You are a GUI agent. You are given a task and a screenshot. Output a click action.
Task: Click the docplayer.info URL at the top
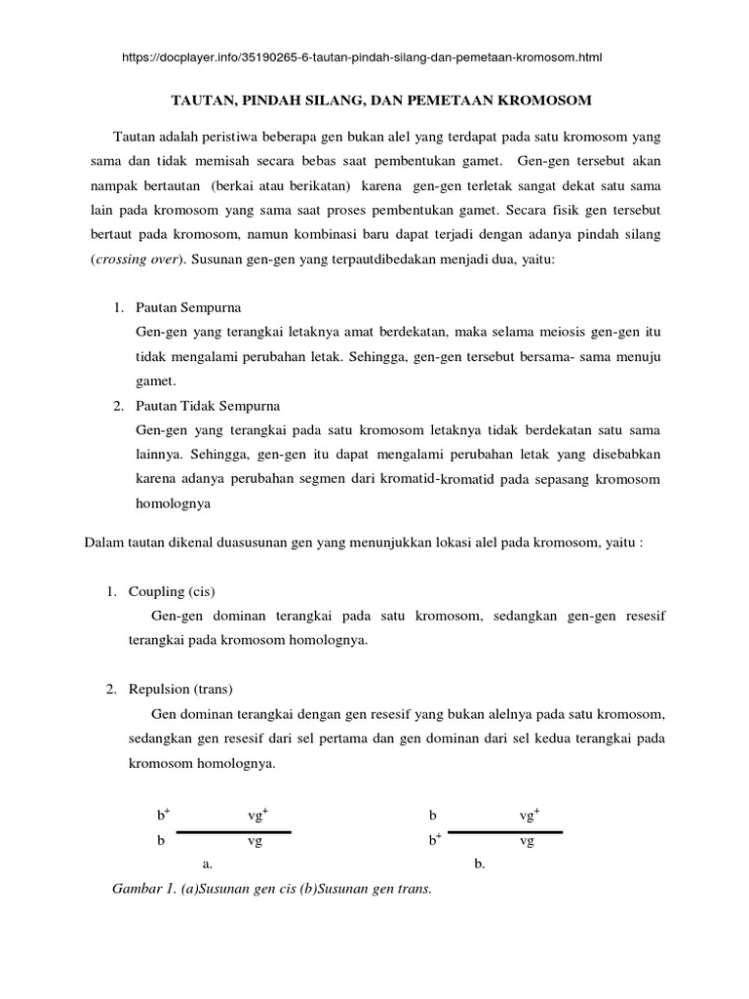click(362, 58)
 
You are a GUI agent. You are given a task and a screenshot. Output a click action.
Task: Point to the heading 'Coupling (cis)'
click(172, 592)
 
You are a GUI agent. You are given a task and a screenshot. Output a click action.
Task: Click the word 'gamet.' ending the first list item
click(156, 380)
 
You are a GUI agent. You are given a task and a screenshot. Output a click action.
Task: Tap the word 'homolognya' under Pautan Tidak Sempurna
click(174, 504)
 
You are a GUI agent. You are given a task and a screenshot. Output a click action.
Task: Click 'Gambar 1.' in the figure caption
click(143, 890)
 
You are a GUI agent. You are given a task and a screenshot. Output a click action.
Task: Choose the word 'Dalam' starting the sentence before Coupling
click(104, 543)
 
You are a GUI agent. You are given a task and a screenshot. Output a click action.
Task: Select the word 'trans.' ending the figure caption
click(414, 890)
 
